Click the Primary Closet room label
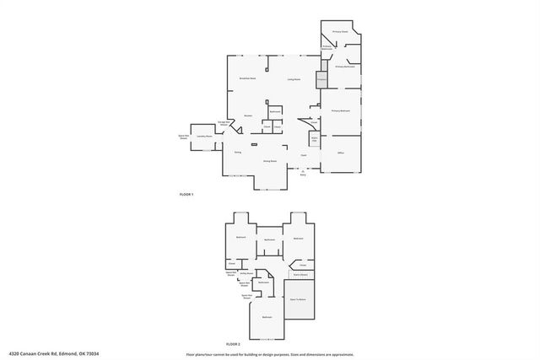pyautogui.click(x=340, y=31)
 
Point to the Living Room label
pyautogui.click(x=294, y=80)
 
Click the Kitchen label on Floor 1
pyautogui.click(x=249, y=116)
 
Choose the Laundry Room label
pyautogui.click(x=203, y=136)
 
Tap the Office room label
pyautogui.click(x=341, y=153)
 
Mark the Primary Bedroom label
pyautogui.click(x=340, y=111)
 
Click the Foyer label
pyautogui.click(x=303, y=155)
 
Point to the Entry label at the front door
pyautogui.click(x=303, y=175)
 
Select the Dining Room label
pyautogui.click(x=270, y=160)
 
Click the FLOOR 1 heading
pyautogui.click(x=186, y=195)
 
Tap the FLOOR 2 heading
pyautogui.click(x=234, y=345)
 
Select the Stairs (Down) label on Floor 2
pyautogui.click(x=300, y=275)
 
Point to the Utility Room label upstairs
pyautogui.click(x=246, y=274)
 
